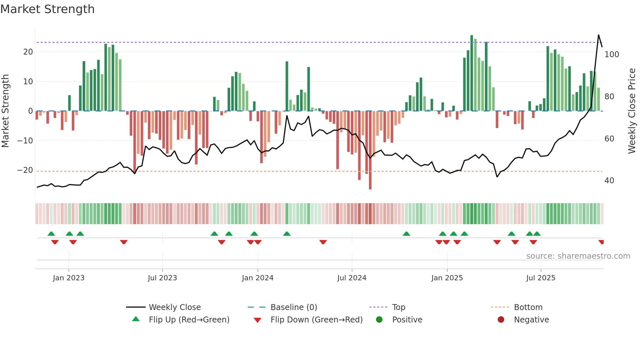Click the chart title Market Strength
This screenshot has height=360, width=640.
click(x=47, y=9)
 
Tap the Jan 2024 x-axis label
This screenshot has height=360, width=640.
click(x=257, y=278)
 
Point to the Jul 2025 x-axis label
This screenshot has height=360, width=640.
click(x=540, y=278)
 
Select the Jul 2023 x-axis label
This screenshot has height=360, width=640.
click(x=162, y=278)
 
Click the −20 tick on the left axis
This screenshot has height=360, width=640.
click(x=25, y=170)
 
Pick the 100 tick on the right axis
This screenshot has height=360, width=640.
click(x=611, y=55)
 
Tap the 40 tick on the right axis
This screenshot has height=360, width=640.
click(x=609, y=181)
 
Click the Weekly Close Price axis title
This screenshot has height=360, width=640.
click(x=632, y=111)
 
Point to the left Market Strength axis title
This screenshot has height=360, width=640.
click(x=6, y=111)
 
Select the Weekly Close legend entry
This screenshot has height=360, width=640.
click(x=174, y=307)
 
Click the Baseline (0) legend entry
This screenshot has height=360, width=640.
click(x=294, y=307)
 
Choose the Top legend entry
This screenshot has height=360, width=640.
click(x=398, y=307)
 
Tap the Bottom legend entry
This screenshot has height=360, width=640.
click(x=528, y=307)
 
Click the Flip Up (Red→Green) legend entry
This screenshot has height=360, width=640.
click(x=189, y=320)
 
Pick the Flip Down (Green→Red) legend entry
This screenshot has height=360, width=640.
click(x=316, y=320)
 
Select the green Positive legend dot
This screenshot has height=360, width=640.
click(x=379, y=320)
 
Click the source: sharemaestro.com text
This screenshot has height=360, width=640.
click(x=578, y=256)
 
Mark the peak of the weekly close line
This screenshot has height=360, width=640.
click(x=599, y=35)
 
